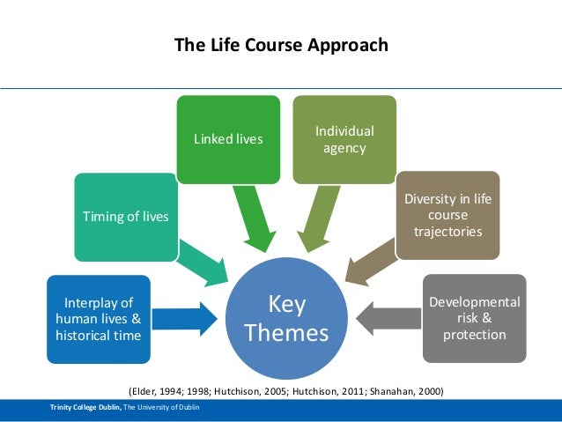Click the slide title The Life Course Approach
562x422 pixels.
click(280, 45)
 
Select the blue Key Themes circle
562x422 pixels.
click(285, 318)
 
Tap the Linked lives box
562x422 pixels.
click(228, 138)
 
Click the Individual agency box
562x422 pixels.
click(344, 139)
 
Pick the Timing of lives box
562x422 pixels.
click(125, 218)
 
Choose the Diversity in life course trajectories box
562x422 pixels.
click(447, 215)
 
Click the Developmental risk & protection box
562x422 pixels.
click(473, 318)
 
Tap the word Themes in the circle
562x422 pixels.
click(285, 334)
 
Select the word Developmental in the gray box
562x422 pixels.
click(474, 302)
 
